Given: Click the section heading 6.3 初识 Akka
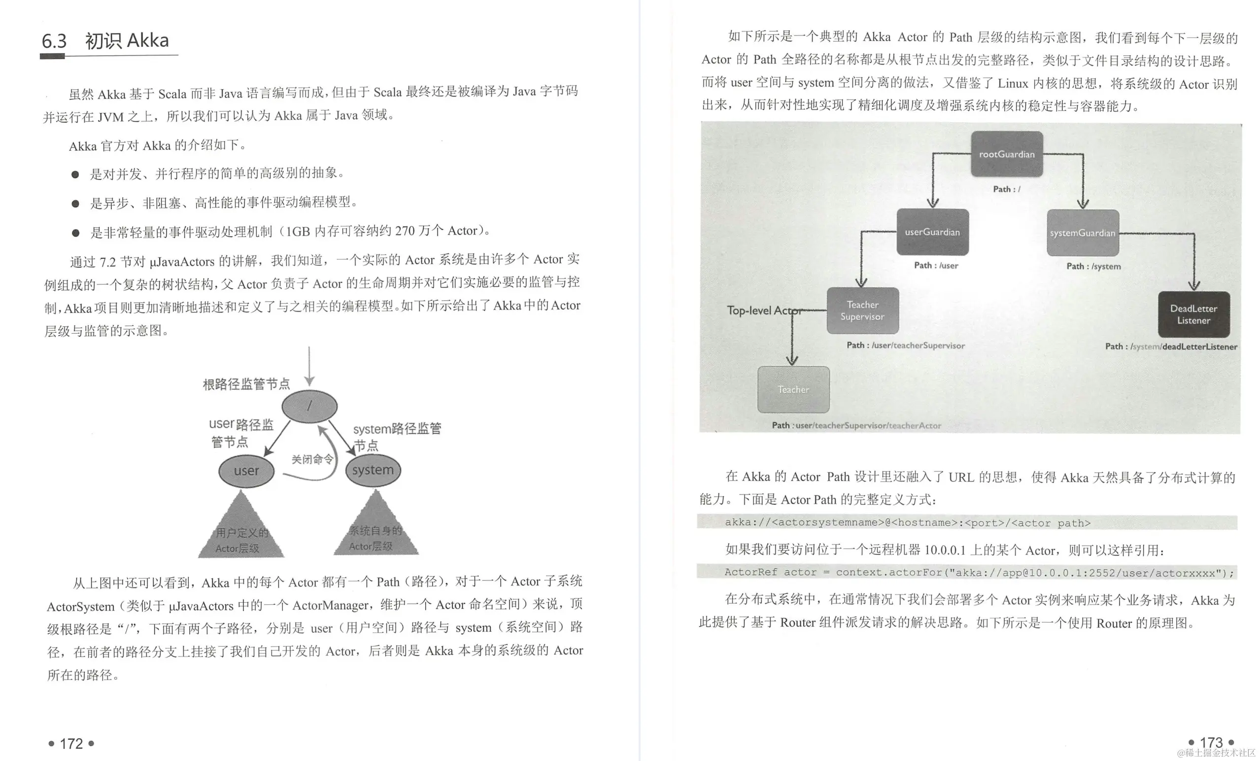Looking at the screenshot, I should pyautogui.click(x=106, y=41).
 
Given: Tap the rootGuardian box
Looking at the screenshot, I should pyautogui.click(x=1006, y=154).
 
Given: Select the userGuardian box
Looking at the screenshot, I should pyautogui.click(x=932, y=232).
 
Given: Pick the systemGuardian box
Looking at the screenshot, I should pyautogui.click(x=1082, y=233).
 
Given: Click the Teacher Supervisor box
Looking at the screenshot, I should pyautogui.click(x=862, y=311).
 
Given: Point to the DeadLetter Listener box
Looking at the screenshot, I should pyautogui.click(x=1193, y=314).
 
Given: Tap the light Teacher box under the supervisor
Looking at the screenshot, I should pyautogui.click(x=793, y=389).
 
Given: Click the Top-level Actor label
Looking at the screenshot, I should pyautogui.click(x=763, y=310).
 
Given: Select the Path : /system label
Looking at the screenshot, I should pyautogui.click(x=1093, y=266).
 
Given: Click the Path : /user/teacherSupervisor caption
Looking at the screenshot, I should pyautogui.click(x=905, y=346).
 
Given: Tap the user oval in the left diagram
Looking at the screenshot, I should pyautogui.click(x=246, y=471).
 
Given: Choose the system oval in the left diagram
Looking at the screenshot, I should pyautogui.click(x=373, y=470).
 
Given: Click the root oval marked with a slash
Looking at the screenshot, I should pyautogui.click(x=309, y=406).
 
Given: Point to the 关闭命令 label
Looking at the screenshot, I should pyautogui.click(x=312, y=459).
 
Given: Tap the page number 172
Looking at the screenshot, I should pyautogui.click(x=71, y=743).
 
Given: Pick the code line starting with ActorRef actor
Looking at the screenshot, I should pyautogui.click(x=966, y=572).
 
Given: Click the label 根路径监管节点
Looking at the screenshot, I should pyautogui.click(x=246, y=384).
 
